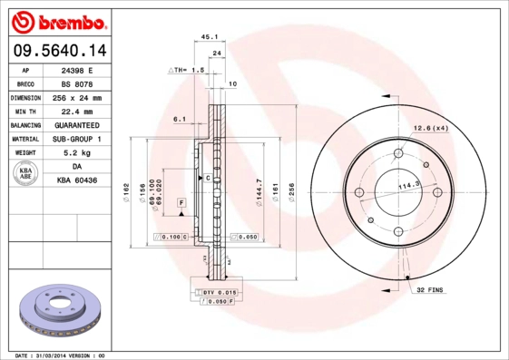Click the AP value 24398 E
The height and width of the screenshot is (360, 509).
[x=77, y=69]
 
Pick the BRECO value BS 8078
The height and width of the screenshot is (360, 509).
[x=77, y=83]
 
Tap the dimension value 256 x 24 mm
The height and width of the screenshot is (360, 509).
[x=77, y=97]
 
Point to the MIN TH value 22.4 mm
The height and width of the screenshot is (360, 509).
[x=77, y=111]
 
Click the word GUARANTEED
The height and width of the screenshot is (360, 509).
[x=77, y=124]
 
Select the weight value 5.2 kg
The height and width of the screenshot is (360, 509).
[x=77, y=153]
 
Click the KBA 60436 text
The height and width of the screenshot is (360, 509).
[x=77, y=180]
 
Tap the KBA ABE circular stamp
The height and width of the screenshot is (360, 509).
[x=26, y=174]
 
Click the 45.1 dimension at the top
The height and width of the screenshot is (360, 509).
[x=210, y=37]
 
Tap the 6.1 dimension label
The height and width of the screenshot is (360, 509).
[x=180, y=119]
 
